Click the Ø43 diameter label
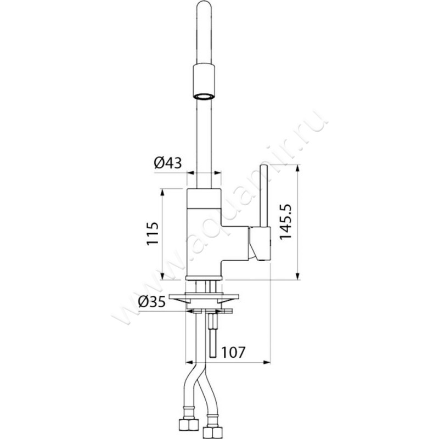168,162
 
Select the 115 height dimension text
153,234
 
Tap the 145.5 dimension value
285,222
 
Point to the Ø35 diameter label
152,302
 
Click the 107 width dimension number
233,352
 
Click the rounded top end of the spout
204,4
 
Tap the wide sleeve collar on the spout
204,81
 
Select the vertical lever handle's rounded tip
263,167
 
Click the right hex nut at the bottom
213,432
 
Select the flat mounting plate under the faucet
204,296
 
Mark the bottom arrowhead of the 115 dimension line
161,275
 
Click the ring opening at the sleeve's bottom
204,95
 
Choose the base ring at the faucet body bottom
204,278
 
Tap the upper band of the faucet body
204,198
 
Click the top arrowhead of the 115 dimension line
161,193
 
